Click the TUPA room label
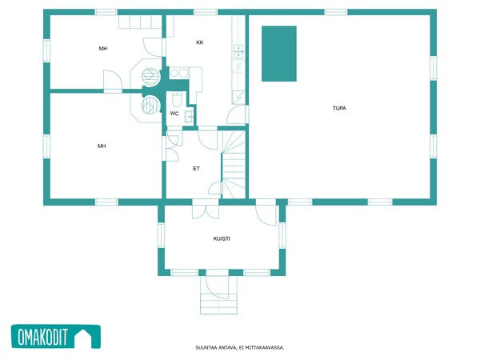click(339, 108)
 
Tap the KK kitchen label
click(199, 42)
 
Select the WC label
click(174, 114)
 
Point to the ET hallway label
click(196, 168)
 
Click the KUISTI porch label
click(222, 238)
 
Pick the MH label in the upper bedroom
click(103, 48)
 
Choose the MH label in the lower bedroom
click(102, 146)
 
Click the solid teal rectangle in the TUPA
click(279, 54)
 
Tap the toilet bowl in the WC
click(177, 98)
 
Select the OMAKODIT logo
click(56, 337)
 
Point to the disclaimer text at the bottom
click(240, 347)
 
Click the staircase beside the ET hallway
click(234, 164)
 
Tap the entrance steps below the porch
click(219, 303)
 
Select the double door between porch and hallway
click(206, 210)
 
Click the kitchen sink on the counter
click(238, 51)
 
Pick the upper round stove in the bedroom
click(150, 76)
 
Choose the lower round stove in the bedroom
click(150, 105)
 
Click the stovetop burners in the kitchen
click(179, 73)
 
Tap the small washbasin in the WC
click(189, 116)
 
